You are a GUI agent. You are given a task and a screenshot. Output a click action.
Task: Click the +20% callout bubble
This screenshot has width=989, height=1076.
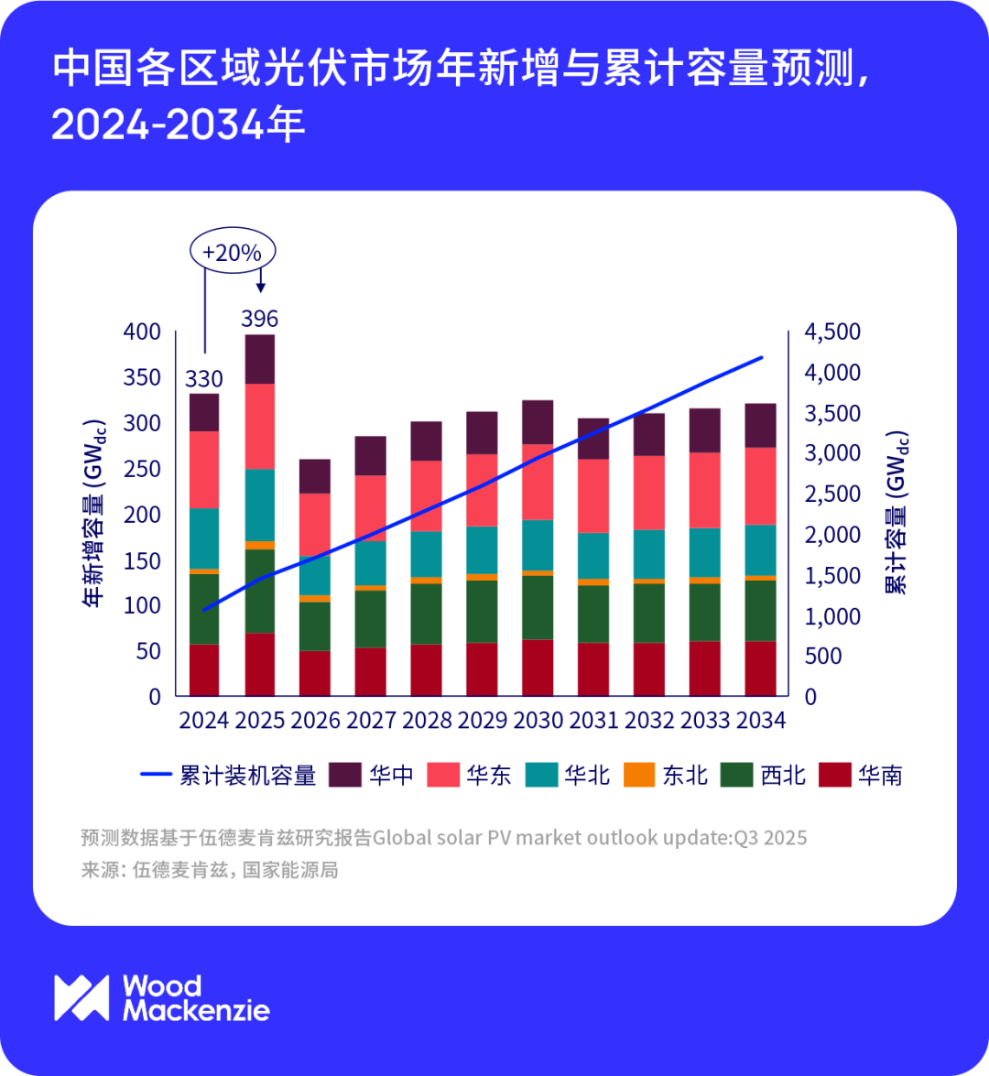[232, 253]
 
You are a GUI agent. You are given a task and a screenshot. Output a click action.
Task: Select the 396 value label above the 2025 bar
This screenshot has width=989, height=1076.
[259, 319]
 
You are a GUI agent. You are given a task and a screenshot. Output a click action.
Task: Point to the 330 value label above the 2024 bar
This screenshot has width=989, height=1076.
[204, 378]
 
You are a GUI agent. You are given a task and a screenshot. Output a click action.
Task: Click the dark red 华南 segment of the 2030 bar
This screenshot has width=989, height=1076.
[538, 668]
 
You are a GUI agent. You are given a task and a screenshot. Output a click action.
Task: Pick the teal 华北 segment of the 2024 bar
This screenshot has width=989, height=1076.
[204, 538]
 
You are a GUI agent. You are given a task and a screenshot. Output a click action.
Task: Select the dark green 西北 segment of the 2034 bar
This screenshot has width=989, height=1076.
[760, 610]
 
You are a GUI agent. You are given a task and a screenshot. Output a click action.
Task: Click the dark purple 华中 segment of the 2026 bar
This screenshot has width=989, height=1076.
[315, 476]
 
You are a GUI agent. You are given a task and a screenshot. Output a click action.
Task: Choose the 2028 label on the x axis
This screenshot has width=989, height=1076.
[427, 721]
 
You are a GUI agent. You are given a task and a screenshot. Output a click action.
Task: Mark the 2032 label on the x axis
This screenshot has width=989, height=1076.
[649, 721]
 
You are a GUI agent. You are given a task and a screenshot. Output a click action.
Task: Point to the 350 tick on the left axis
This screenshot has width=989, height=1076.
[142, 377]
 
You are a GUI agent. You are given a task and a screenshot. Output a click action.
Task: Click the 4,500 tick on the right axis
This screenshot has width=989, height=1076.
[831, 331]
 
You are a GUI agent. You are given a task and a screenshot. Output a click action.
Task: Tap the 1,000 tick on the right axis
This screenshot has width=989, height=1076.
[831, 616]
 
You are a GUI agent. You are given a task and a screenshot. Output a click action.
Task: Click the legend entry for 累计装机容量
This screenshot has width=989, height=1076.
[229, 776]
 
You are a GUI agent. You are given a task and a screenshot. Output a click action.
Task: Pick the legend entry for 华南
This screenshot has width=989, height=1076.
[861, 776]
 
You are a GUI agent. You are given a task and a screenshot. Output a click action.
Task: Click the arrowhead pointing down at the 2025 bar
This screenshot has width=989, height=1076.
[261, 287]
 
